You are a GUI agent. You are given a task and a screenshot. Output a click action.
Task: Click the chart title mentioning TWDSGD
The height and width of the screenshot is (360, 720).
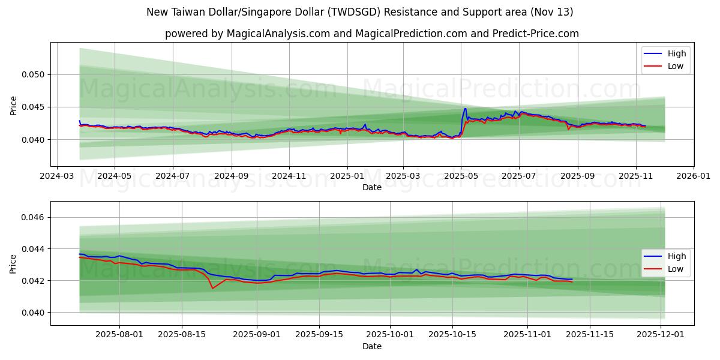(x=360, y=12)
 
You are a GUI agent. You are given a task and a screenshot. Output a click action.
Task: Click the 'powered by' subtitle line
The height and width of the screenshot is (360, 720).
(x=372, y=34)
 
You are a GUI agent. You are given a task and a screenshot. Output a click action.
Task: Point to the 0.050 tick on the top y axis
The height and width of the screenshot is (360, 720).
(x=34, y=75)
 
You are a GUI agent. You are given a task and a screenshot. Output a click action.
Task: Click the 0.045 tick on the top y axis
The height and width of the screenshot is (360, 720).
(x=34, y=107)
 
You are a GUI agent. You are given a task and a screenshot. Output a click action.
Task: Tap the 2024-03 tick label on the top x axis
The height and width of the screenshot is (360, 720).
(x=56, y=177)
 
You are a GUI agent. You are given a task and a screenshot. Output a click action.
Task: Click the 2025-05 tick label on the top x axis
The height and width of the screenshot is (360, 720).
(x=461, y=177)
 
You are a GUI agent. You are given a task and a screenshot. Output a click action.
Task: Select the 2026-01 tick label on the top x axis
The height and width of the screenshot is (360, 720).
(x=693, y=177)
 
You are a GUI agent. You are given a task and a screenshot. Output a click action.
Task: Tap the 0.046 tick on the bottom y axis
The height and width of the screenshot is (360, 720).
(x=34, y=217)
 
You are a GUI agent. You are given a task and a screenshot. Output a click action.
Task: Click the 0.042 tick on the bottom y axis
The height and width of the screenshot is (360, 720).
(x=34, y=281)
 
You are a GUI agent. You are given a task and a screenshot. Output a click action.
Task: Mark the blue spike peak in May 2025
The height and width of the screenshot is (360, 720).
(x=465, y=109)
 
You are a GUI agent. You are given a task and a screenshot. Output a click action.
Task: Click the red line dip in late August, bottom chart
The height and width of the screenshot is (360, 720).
(x=212, y=288)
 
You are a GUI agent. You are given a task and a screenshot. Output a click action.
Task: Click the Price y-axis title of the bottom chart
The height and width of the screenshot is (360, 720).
(x=13, y=263)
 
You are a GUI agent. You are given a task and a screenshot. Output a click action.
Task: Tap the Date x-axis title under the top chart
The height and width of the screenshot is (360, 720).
(x=372, y=187)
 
